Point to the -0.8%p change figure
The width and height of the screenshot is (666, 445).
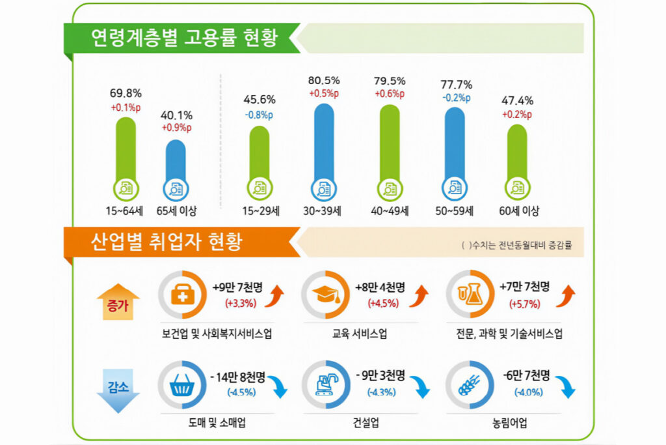tap(259, 114)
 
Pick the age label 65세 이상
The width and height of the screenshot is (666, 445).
tap(176, 211)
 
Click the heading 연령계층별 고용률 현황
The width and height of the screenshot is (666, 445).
tap(185, 38)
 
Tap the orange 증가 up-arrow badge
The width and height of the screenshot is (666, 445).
tap(118, 302)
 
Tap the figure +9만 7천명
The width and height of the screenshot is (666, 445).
tap(239, 286)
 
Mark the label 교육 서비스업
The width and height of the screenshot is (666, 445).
tap(359, 334)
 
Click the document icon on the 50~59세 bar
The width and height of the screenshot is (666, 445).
tap(455, 189)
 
